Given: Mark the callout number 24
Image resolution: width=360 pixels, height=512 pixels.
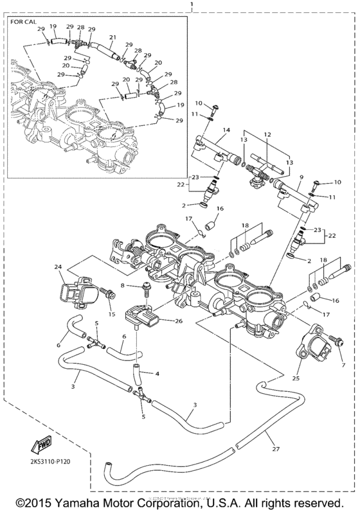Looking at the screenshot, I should (57, 267).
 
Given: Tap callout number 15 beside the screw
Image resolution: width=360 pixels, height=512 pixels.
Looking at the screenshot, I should (113, 313).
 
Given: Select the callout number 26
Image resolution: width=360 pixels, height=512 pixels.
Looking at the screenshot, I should (179, 321).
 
